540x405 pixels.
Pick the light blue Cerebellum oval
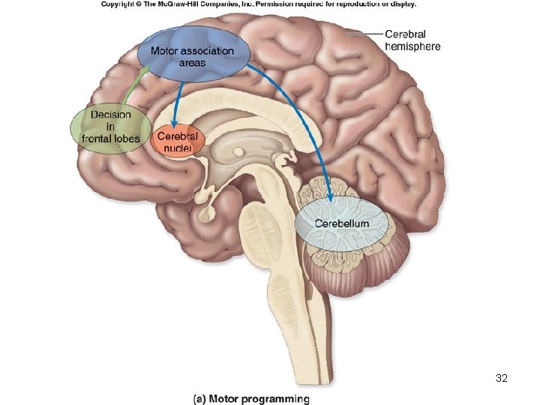[x=342, y=223]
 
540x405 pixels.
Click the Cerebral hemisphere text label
[x=412, y=40]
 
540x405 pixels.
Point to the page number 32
[x=502, y=378]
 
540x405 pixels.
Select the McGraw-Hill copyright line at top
[x=258, y=4]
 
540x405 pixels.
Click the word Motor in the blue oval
[x=165, y=51]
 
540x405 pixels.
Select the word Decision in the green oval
[x=111, y=115]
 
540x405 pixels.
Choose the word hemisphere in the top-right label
[x=412, y=46]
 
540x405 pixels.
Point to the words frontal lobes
[x=111, y=139]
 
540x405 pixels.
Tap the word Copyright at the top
[x=121, y=4]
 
